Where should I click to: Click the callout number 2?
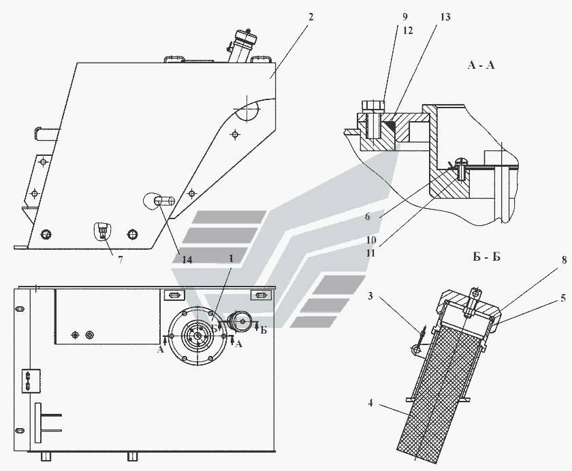(x=311, y=17)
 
